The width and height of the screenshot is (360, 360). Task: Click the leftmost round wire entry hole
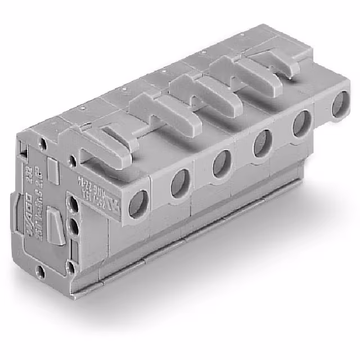[x=138, y=204]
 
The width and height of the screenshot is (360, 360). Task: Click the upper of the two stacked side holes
[x=72, y=203]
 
